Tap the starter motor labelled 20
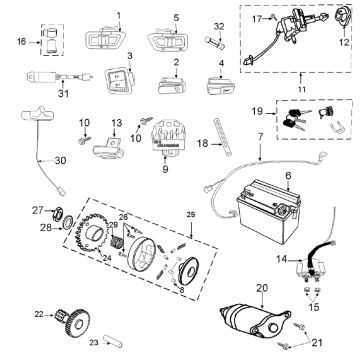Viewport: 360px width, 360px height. (263, 318)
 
